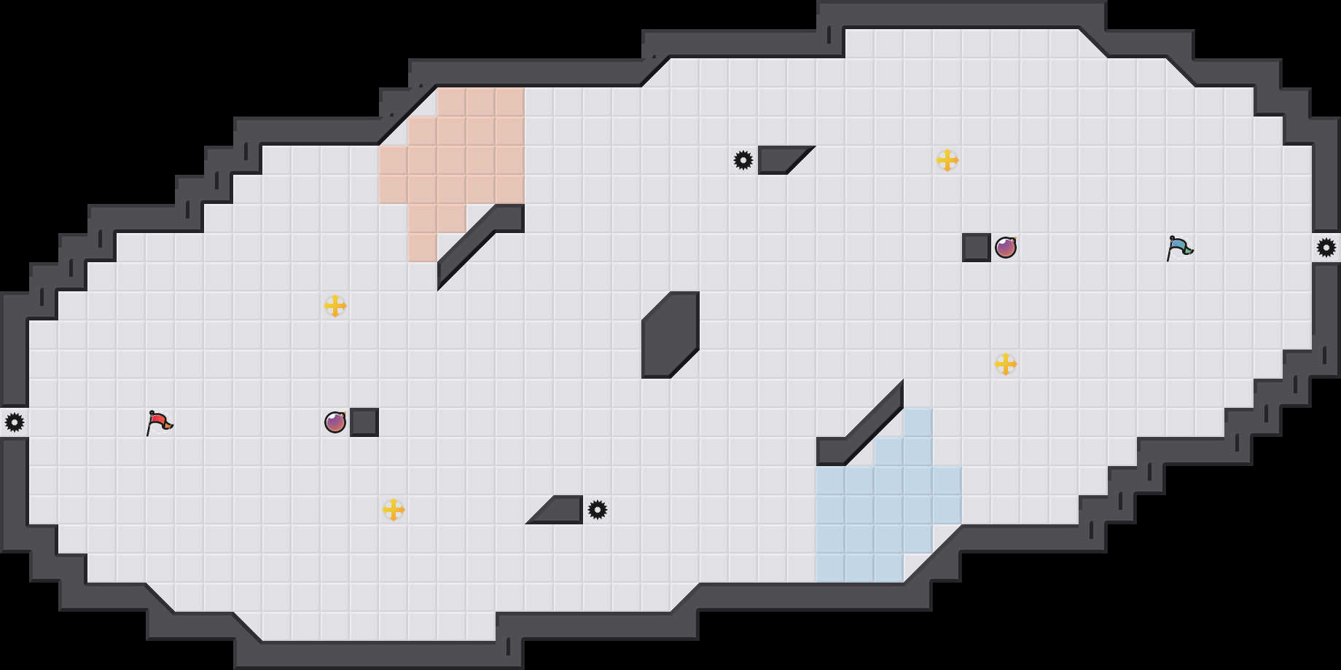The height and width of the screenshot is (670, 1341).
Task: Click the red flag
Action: tap(159, 422)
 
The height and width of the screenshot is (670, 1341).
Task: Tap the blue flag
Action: tap(1179, 248)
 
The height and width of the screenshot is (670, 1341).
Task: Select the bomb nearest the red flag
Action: tap(335, 422)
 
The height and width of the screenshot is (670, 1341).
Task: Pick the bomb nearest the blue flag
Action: tap(1006, 248)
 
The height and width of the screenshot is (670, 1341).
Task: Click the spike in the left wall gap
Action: tap(15, 422)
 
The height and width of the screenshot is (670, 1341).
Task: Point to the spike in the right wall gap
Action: tap(1326, 248)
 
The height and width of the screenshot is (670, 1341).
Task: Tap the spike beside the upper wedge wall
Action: tap(743, 160)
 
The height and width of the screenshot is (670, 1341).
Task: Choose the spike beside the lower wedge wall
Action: tap(598, 510)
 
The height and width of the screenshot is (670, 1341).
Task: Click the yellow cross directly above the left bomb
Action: tap(335, 306)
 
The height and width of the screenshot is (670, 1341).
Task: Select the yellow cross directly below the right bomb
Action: tap(1006, 364)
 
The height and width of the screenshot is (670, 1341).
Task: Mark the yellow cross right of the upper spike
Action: tap(947, 160)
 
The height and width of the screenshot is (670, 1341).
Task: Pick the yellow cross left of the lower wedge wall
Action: tap(394, 510)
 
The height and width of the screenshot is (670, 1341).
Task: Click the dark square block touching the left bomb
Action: tap(364, 422)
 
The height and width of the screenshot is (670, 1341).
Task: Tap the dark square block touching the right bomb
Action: tap(977, 248)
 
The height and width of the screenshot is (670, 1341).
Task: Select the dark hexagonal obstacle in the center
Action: tap(670, 335)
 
